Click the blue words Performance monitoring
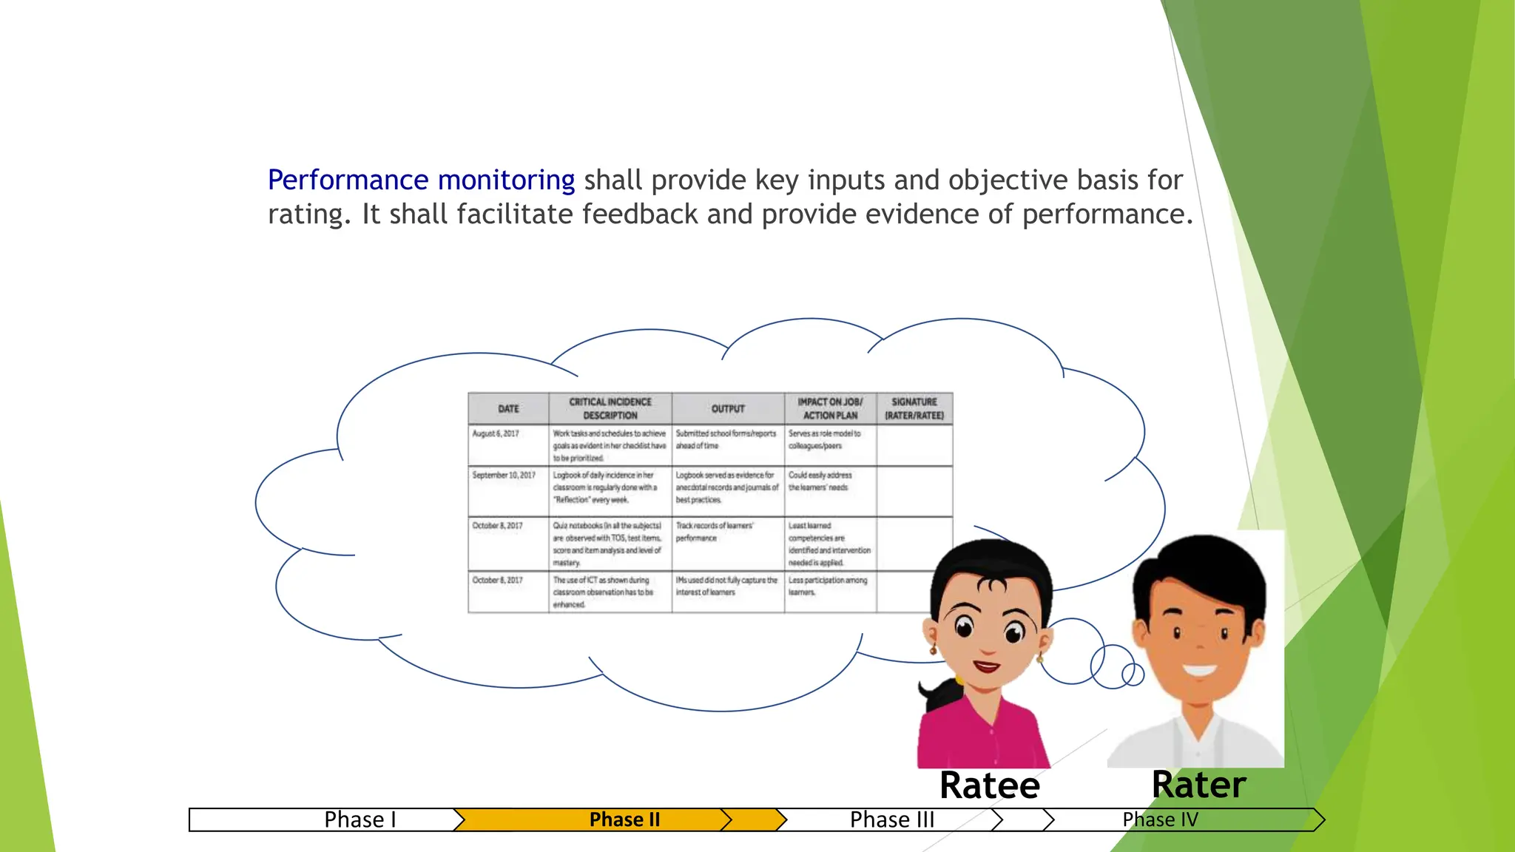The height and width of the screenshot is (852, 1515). (420, 180)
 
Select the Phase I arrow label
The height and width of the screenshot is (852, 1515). (360, 819)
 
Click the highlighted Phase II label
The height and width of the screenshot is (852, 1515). (624, 819)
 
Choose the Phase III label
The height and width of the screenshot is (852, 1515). (892, 819)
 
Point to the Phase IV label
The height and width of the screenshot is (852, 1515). (1160, 819)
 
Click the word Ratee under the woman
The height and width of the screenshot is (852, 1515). (989, 785)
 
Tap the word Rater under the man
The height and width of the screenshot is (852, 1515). (1198, 785)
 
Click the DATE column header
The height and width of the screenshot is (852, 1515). (508, 408)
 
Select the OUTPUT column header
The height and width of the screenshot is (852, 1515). (728, 408)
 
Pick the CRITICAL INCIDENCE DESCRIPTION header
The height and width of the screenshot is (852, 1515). (610, 408)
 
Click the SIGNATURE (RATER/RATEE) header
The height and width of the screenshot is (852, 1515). (914, 408)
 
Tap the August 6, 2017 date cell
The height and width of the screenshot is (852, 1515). (496, 433)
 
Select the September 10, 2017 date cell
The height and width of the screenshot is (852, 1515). (504, 475)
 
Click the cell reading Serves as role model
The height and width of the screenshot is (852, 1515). (824, 439)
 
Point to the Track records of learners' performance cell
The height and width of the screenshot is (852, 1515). (714, 532)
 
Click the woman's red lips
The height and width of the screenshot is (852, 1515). (987, 666)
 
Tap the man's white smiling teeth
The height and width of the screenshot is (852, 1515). (1199, 671)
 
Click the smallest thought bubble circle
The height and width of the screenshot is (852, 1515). (1133, 674)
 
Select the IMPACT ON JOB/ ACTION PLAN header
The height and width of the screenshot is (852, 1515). (830, 408)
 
